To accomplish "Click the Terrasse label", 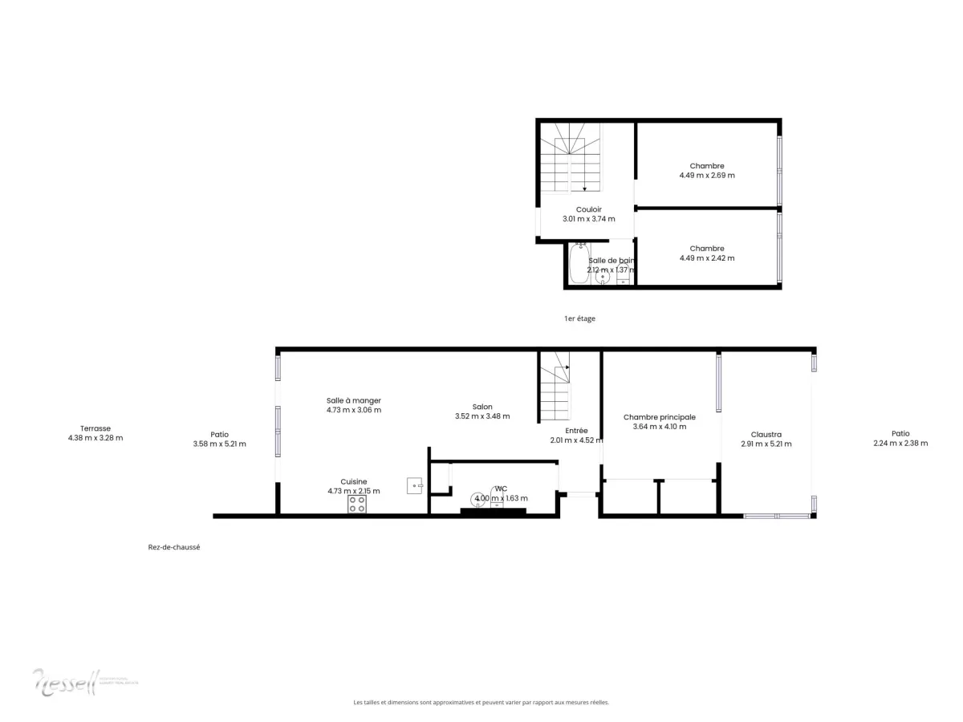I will [95, 428].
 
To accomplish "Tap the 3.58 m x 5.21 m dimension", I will [219, 444].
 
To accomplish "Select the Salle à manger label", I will [353, 400].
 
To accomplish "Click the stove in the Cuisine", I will [357, 504].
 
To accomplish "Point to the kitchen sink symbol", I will [415, 485].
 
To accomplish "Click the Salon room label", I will [481, 407].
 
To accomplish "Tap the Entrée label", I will [576, 430].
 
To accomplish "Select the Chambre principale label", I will [660, 417].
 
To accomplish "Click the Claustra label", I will [766, 435].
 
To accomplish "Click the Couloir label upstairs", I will [588, 209].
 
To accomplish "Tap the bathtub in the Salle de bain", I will [579, 264].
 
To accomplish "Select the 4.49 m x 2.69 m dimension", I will [707, 176].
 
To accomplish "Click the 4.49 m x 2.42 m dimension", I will [707, 258].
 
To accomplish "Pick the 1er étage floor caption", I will [579, 318].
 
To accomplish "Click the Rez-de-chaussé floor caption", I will [173, 547].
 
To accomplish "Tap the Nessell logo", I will [64, 681].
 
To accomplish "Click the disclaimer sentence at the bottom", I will [481, 702].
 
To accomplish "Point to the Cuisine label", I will [353, 481].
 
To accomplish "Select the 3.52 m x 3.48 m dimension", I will [481, 416].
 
